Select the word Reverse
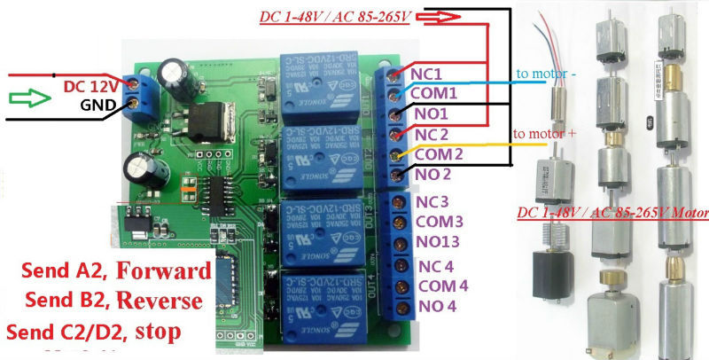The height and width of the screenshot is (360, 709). click(x=165, y=300)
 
